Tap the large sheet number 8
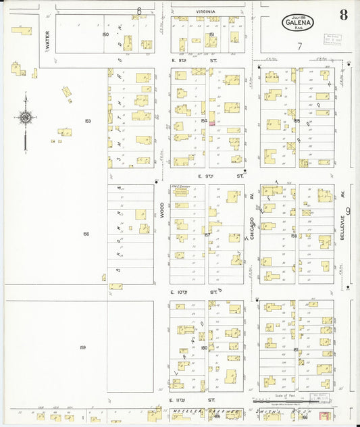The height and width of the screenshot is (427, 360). [x=343, y=16]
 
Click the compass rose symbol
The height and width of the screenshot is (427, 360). [x=25, y=118]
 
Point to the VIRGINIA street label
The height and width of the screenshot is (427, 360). [x=206, y=11]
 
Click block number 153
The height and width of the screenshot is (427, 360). [x=88, y=121]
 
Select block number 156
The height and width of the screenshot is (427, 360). [x=86, y=234]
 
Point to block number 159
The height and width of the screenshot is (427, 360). [x=82, y=347]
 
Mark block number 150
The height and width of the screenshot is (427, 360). [x=105, y=34]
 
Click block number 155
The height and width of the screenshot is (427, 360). [x=297, y=121]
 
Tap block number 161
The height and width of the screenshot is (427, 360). [x=296, y=349]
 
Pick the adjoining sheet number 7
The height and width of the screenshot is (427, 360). [x=299, y=46]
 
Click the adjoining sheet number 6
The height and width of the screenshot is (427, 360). [x=140, y=10]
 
